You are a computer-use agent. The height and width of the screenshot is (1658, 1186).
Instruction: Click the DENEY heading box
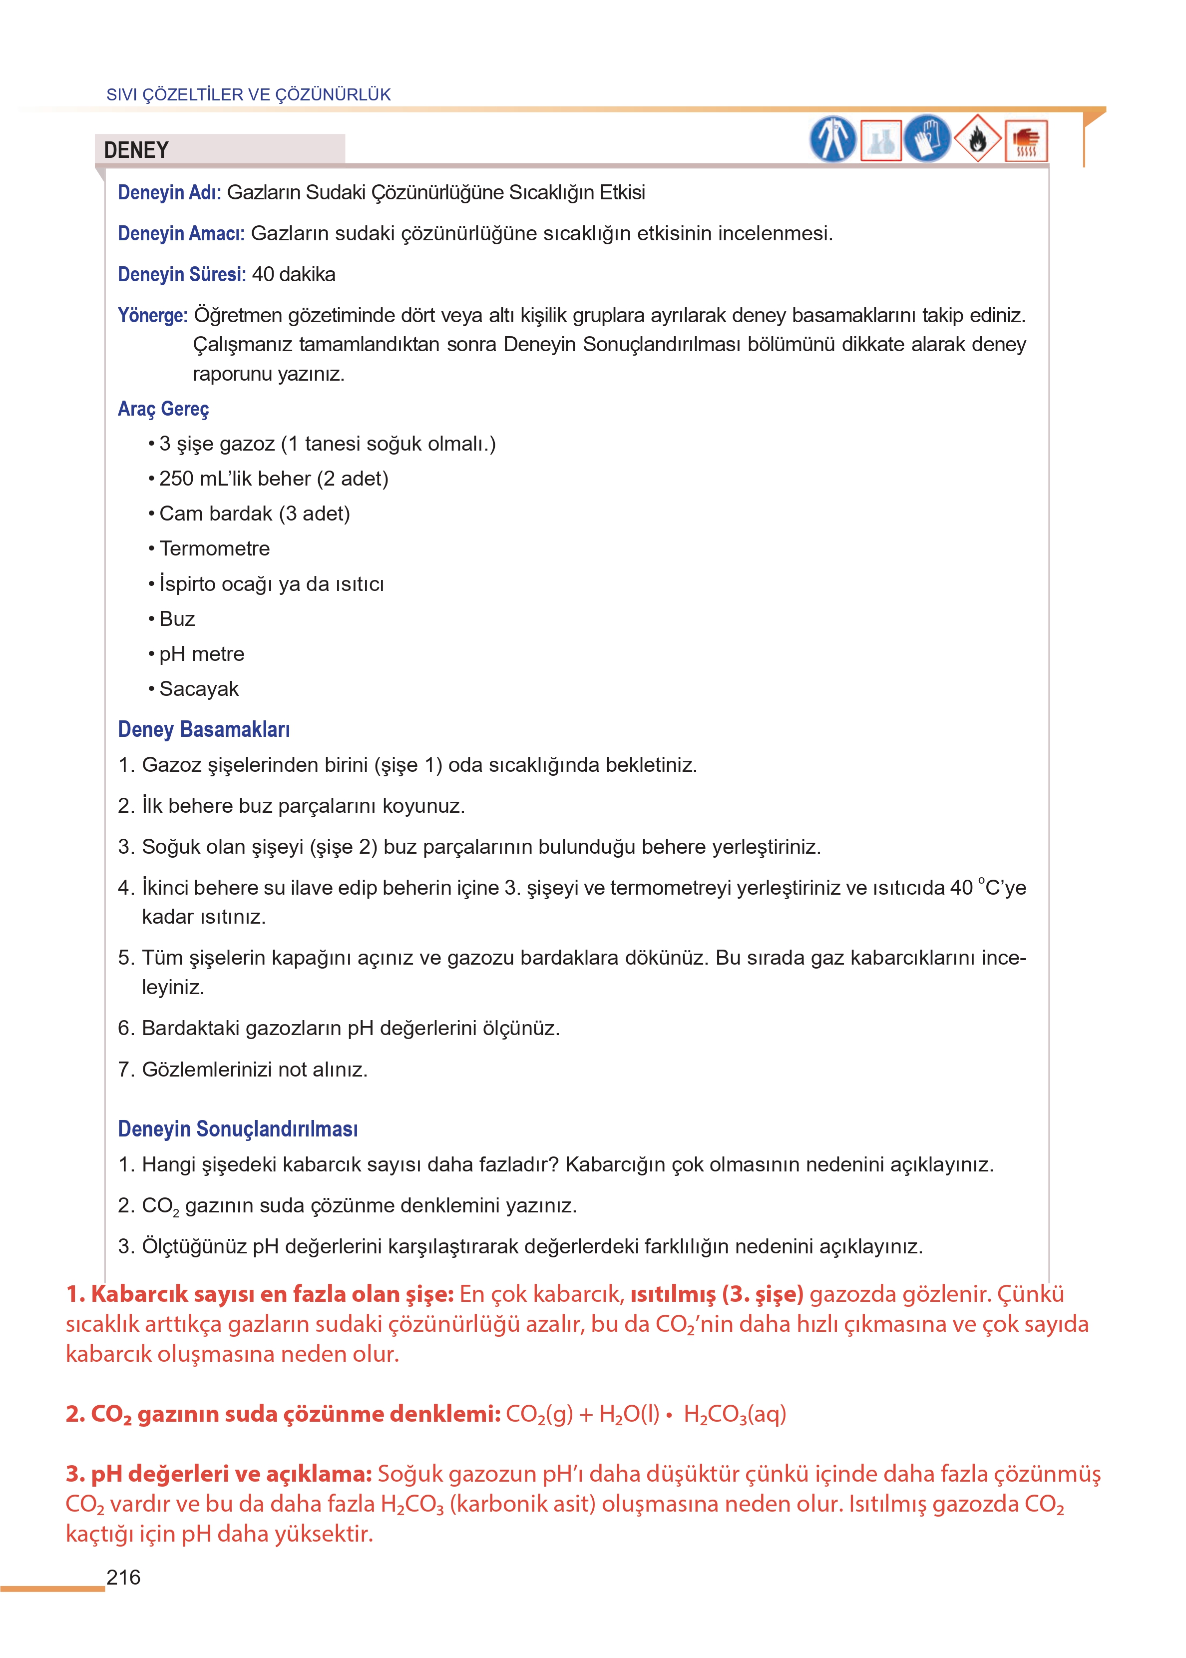tap(219, 150)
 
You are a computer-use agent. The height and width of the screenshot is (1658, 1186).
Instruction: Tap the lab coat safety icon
tap(832, 139)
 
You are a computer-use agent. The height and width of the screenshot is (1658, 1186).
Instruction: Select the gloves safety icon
tap(927, 139)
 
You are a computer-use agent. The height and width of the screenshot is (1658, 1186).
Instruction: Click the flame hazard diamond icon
tap(977, 139)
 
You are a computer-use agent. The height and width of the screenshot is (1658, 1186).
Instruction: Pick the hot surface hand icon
tap(1026, 140)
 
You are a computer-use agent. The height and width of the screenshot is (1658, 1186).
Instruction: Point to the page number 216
tap(123, 1578)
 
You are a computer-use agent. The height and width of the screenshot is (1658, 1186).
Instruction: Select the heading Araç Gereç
tap(164, 409)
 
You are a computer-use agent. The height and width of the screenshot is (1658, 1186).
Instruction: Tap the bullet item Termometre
tap(214, 549)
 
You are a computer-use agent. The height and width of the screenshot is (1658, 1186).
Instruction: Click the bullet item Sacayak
tap(199, 689)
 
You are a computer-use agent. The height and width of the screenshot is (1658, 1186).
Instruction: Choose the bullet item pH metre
tap(202, 654)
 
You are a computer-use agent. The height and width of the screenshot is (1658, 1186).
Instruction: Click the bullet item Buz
tap(177, 618)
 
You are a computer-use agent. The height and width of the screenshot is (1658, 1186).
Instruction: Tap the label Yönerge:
tap(153, 316)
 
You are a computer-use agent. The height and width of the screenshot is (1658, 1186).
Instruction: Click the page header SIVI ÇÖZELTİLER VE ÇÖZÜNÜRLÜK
tap(248, 95)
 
